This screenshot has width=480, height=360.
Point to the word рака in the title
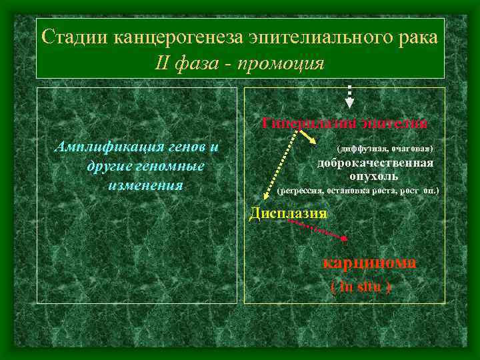pyautogui.click(x=415, y=37)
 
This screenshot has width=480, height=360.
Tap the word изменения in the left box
pyautogui.click(x=145, y=184)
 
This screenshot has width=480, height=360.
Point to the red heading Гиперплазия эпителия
pyautogui.click(x=345, y=123)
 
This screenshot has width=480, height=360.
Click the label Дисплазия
pyautogui.click(x=288, y=213)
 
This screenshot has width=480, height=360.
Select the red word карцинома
pyautogui.click(x=369, y=262)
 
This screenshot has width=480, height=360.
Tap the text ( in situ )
pyautogui.click(x=361, y=287)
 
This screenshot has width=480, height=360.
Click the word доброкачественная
pyautogui.click(x=375, y=164)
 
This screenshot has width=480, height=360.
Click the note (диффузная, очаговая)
pyautogui.click(x=385, y=147)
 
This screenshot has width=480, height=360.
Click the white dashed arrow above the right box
pyautogui.click(x=349, y=96)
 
